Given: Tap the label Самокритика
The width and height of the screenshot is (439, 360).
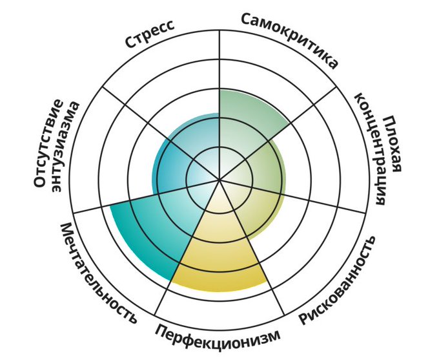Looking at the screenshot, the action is [290, 39].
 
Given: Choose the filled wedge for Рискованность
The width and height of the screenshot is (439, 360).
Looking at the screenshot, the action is [245, 207].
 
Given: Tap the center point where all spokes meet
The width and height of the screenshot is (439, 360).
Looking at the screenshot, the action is [219, 179].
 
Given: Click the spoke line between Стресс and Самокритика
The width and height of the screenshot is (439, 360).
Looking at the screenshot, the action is [219, 65].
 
